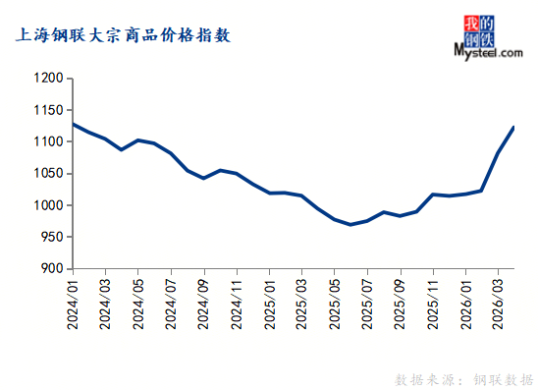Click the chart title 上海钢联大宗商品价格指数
click(123, 35)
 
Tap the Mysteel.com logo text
click(488, 52)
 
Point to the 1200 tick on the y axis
click(48, 78)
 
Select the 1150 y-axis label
click(48, 110)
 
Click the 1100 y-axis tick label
click(48, 141)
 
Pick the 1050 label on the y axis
click(48, 173)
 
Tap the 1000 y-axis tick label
click(48, 205)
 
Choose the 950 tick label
click(52, 237)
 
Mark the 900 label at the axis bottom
click(52, 268)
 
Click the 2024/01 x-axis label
click(73, 305)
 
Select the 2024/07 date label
click(171, 305)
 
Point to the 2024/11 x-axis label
click(237, 305)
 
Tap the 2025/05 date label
click(335, 305)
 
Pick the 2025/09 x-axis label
click(401, 305)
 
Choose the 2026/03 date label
click(498, 305)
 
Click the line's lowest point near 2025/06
click(350, 225)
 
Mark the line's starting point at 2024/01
click(74, 125)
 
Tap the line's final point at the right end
click(513, 128)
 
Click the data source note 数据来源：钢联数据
click(464, 380)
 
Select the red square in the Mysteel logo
click(471, 24)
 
